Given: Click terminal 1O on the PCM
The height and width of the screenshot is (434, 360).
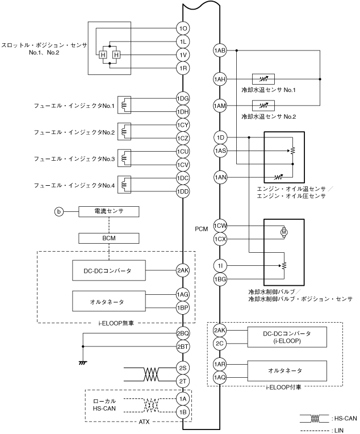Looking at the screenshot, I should click(182, 28).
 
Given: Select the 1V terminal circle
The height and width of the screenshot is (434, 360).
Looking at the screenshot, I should click(182, 55).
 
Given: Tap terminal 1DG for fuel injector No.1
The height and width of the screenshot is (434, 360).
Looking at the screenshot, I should click(182, 98).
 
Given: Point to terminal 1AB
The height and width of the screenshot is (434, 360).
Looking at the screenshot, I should click(220, 51).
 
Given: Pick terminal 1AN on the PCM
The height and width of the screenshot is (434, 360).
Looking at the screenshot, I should click(220, 178).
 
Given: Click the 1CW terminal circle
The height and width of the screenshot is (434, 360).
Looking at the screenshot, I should click(220, 227).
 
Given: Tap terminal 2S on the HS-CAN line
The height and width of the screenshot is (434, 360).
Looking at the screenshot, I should click(182, 368).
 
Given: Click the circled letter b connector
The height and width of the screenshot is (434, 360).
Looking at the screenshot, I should click(58, 212).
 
